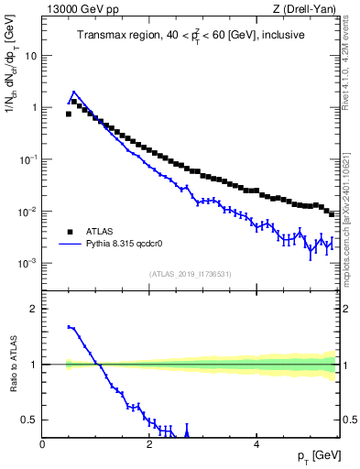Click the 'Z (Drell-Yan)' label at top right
point(305,9)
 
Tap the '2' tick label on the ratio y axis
point(35,309)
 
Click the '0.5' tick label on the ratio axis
point(31,420)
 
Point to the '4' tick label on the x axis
point(256,443)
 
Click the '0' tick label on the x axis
point(43,443)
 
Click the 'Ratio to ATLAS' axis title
point(12,365)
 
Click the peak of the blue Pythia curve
point(73,92)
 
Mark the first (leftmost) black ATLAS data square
point(68,115)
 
